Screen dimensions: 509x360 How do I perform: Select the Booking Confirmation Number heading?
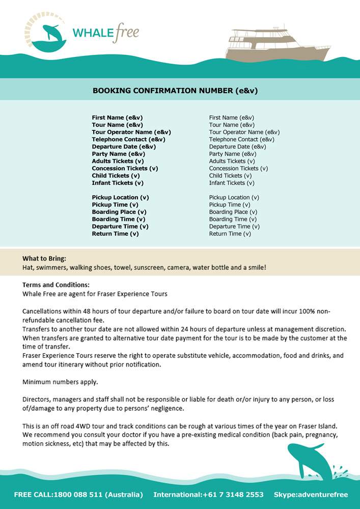175,91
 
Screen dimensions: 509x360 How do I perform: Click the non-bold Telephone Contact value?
242,139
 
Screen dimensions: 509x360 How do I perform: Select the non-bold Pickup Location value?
234,197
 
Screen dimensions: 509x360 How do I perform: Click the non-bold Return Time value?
230,234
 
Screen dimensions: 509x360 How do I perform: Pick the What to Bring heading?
44,258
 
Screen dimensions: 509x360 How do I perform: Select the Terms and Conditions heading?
56,285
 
